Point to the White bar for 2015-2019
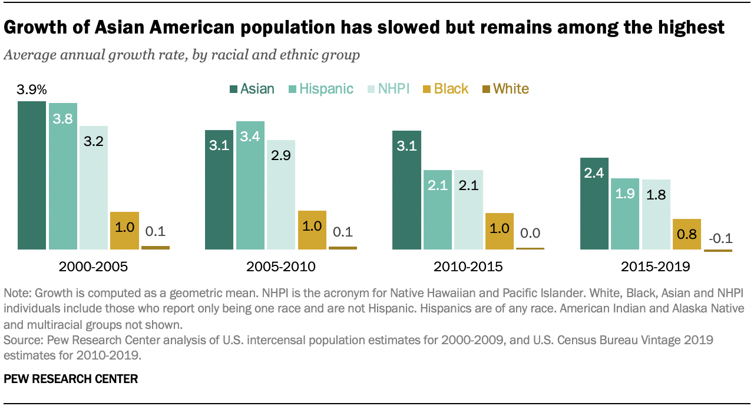click(718, 251)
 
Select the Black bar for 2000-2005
click(125, 230)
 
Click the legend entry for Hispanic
click(320, 89)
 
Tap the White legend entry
click(505, 89)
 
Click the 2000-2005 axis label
click(93, 267)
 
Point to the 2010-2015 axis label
click(468, 267)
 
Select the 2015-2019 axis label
click(655, 267)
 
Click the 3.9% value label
click(32, 90)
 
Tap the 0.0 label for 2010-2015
click(530, 233)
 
